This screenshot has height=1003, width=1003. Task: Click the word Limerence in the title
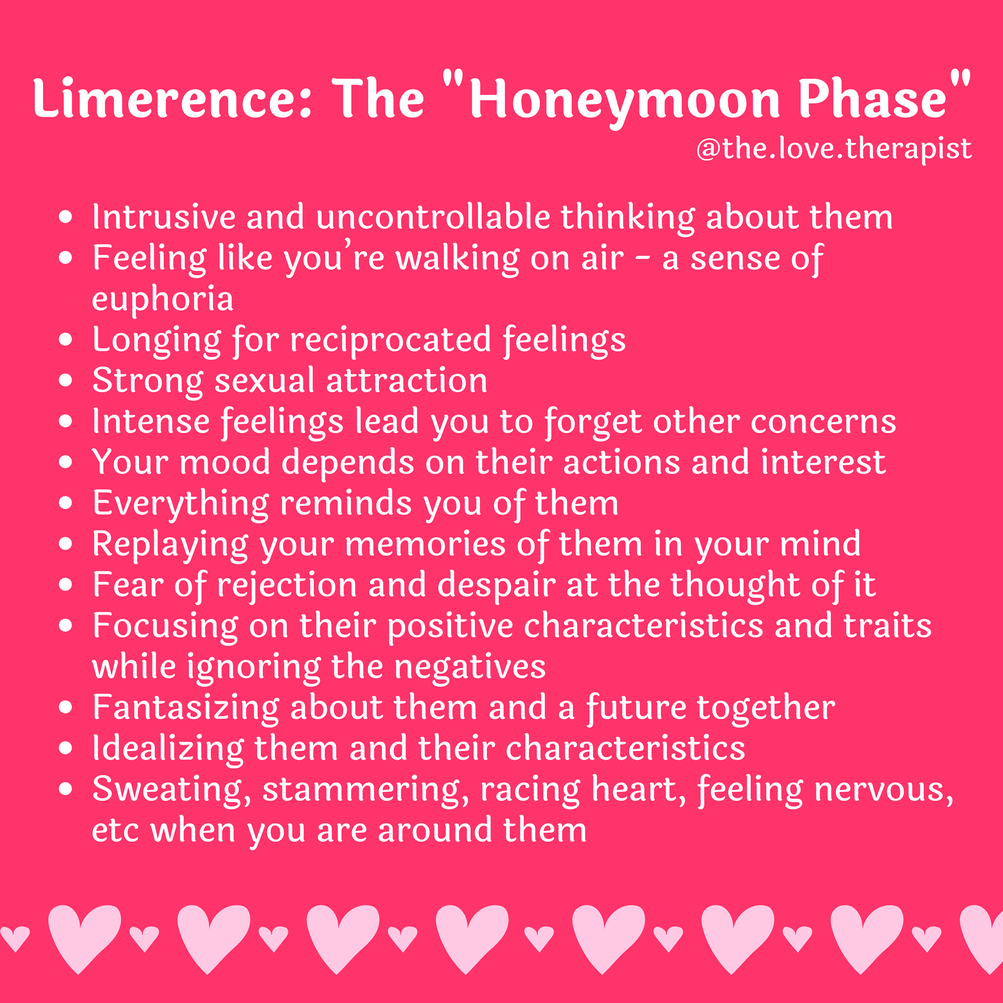(172, 98)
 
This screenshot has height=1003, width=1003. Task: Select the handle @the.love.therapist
(833, 149)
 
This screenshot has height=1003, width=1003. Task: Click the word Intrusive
(164, 216)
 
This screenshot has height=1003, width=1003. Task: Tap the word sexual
(264, 381)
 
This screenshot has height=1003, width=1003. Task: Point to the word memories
(425, 546)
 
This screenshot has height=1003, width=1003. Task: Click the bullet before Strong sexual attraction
(66, 381)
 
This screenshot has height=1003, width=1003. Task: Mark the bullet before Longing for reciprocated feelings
(66, 339)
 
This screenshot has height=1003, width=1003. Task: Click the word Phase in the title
(873, 98)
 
